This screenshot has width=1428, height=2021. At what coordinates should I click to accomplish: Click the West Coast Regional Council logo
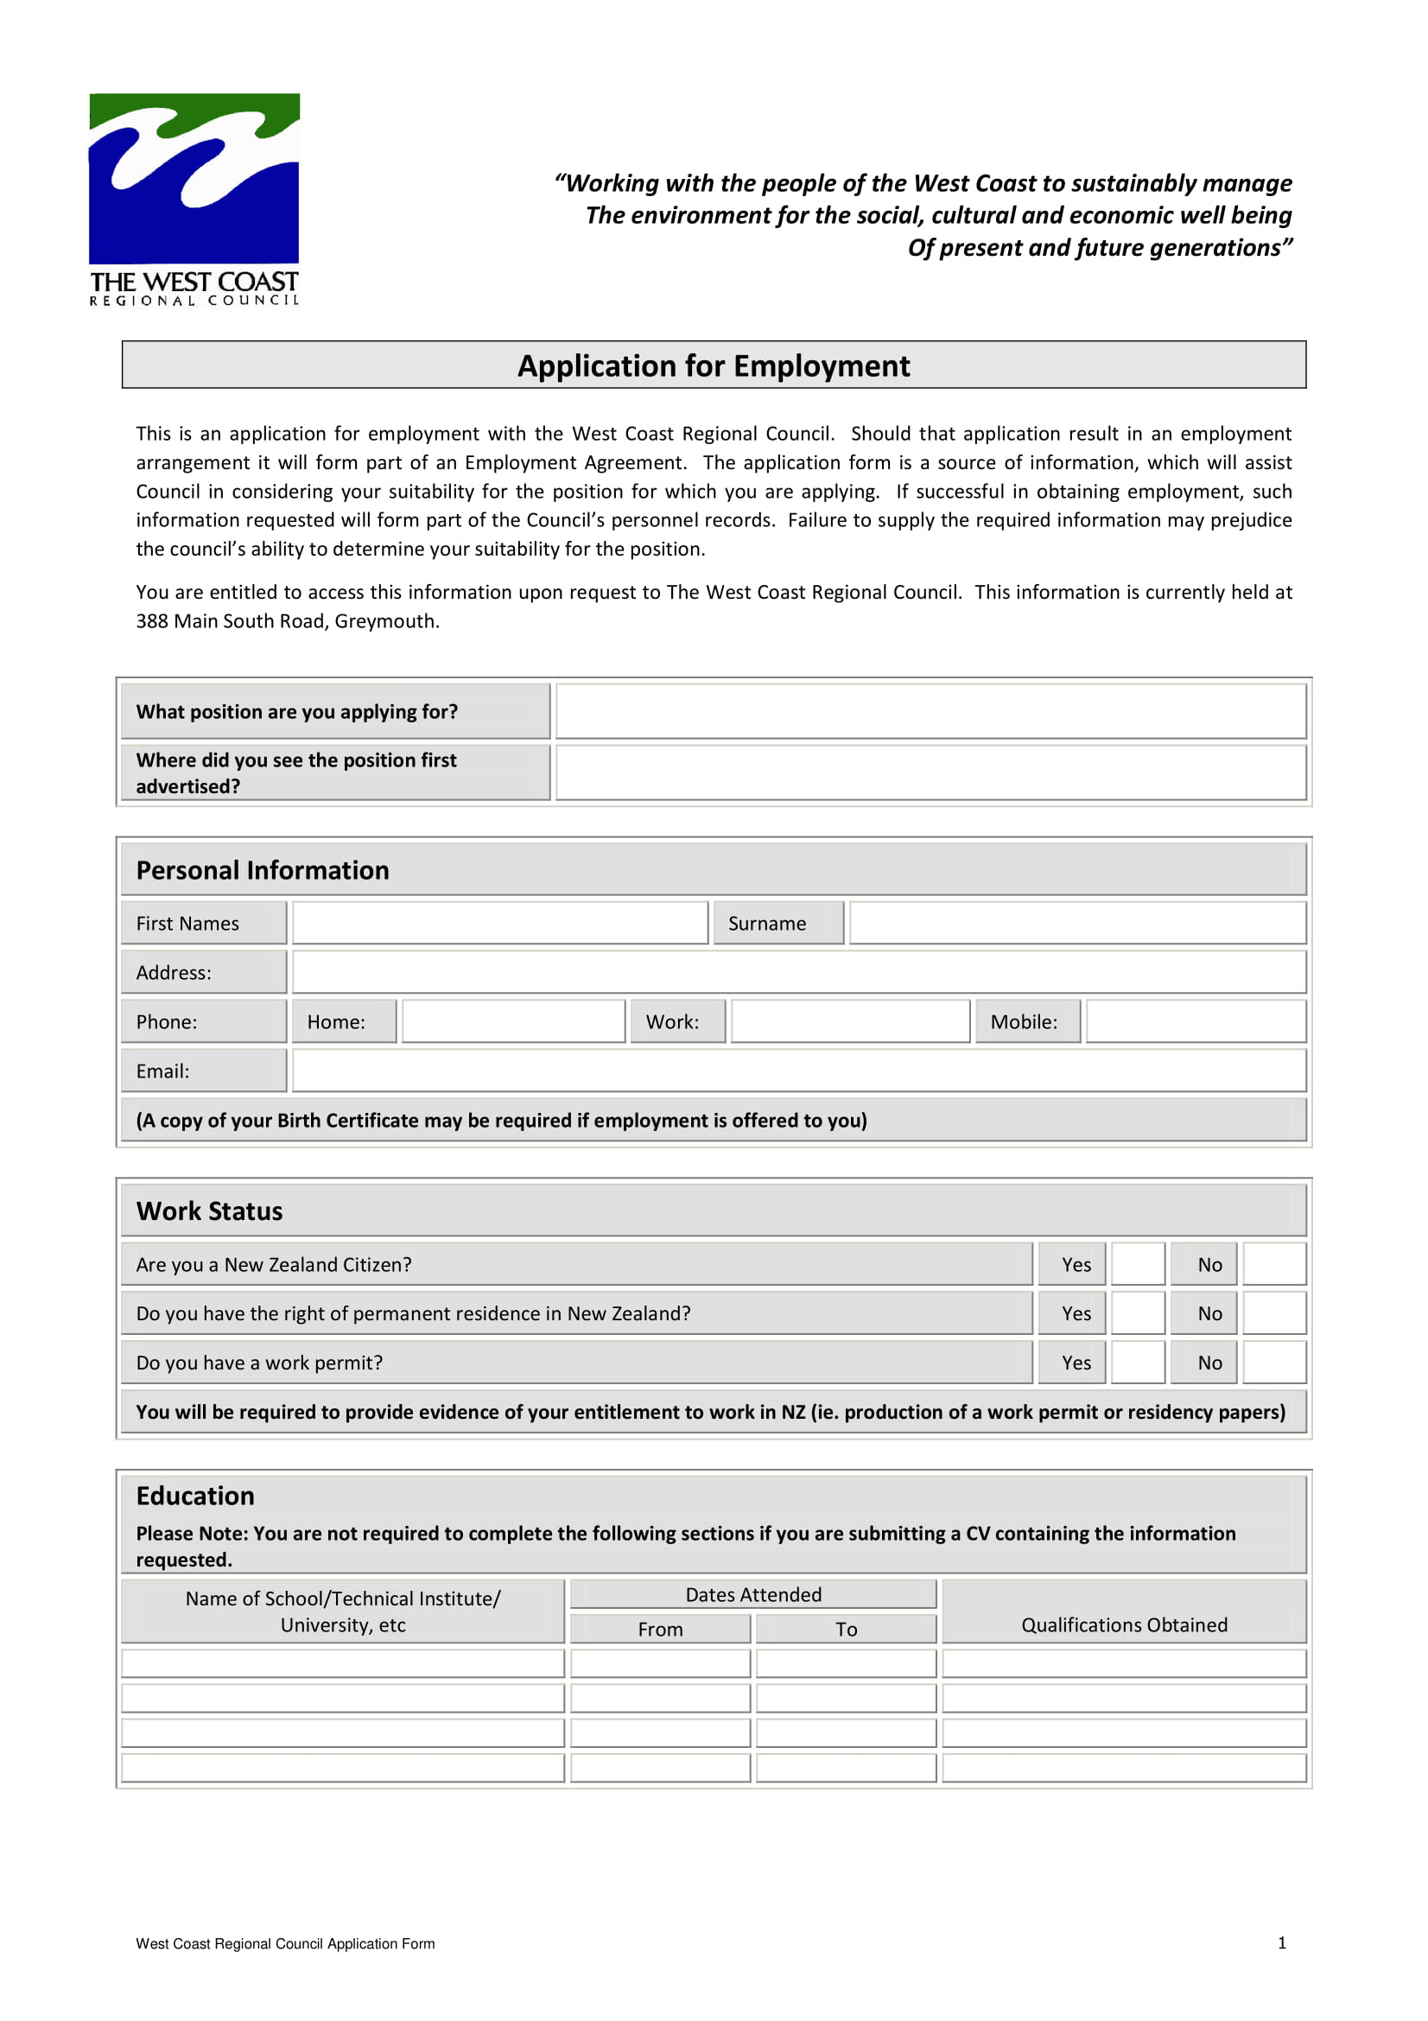(x=194, y=198)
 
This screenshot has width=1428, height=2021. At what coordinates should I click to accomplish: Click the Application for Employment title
(x=713, y=365)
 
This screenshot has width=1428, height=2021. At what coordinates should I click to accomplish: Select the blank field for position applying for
(x=930, y=711)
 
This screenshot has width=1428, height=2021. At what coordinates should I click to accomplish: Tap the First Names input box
(x=498, y=923)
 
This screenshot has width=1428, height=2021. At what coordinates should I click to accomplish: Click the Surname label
(x=766, y=924)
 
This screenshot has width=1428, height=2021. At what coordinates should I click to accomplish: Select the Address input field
(x=798, y=972)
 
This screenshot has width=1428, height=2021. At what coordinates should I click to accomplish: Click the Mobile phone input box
(x=1195, y=1021)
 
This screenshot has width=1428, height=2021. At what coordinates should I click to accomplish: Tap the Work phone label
(x=672, y=1022)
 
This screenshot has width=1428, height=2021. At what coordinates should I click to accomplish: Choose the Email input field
(x=798, y=1071)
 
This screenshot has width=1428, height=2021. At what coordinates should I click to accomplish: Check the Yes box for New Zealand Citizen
(x=1138, y=1264)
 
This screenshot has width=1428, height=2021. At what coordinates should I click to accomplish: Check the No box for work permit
(x=1273, y=1362)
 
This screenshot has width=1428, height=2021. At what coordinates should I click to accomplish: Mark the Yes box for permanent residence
(x=1138, y=1312)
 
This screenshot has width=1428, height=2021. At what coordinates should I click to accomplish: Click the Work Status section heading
(x=209, y=1211)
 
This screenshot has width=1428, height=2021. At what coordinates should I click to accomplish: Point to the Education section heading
(x=195, y=1496)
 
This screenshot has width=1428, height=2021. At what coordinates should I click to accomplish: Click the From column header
(x=660, y=1630)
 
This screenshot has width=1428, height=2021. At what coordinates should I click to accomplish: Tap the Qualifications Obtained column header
(x=1124, y=1625)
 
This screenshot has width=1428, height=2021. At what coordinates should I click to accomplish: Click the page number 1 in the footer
(x=1281, y=1942)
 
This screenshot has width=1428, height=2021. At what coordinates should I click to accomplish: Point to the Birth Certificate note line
(x=502, y=1120)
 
